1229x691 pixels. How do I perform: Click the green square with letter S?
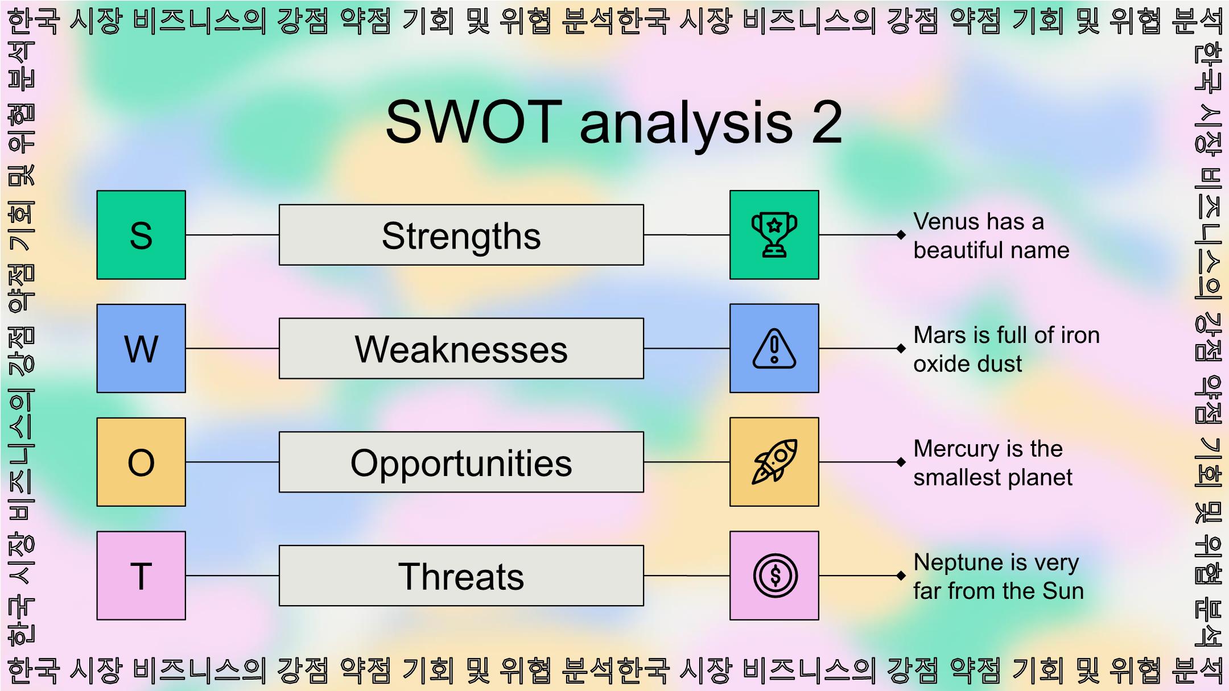click(141, 235)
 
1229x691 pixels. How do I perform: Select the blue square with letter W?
click(141, 348)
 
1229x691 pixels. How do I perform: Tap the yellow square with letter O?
click(141, 462)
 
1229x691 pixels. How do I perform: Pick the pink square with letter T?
click(141, 576)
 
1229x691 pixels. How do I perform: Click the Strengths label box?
click(461, 235)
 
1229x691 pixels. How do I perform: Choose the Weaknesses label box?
click(461, 348)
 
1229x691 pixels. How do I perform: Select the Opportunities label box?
click(461, 462)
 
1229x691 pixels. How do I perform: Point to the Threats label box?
click(461, 576)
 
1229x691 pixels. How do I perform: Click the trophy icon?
click(774, 235)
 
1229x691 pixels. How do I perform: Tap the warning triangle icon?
click(774, 348)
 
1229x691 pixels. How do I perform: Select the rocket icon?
click(774, 462)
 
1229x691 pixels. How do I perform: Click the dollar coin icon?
click(774, 576)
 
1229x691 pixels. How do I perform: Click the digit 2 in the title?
click(827, 122)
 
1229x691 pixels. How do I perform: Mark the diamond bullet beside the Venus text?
click(901, 235)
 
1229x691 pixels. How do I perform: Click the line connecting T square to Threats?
click(232, 576)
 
